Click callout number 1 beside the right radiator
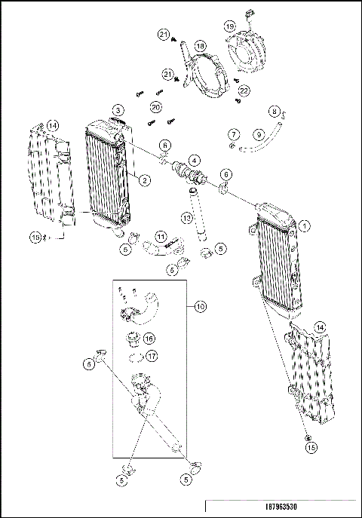(304, 225)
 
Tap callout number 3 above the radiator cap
(118, 111)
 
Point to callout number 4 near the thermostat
(194, 160)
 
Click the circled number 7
(233, 135)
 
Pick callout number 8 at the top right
(275, 112)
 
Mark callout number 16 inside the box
(149, 339)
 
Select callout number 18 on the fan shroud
(200, 46)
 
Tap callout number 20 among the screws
(156, 106)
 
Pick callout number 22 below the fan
(243, 90)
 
